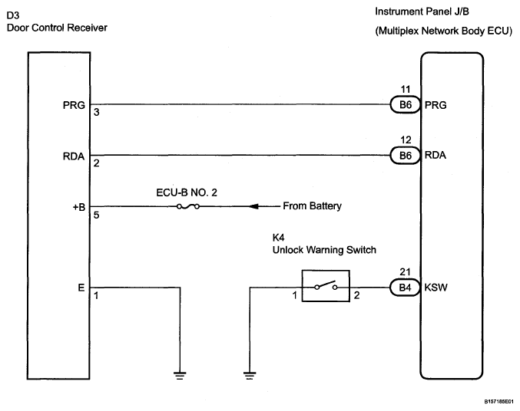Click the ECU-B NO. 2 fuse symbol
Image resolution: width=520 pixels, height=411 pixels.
tap(188, 207)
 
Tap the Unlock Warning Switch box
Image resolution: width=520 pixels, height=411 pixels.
tap(326, 271)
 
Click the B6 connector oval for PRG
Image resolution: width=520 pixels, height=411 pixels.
tap(406, 105)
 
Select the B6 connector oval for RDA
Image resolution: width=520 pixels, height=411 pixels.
tap(406, 156)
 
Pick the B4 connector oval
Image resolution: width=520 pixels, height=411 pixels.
tap(406, 288)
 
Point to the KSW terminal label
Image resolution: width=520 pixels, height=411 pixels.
tap(436, 288)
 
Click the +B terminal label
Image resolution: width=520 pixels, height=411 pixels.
tap(79, 207)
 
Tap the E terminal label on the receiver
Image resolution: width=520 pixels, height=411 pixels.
tap(81, 288)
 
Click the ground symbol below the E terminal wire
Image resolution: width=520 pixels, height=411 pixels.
tap(180, 376)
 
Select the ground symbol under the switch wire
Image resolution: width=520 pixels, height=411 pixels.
tap(250, 376)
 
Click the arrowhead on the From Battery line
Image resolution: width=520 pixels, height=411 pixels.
tap(253, 207)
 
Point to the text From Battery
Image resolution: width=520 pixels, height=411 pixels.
tap(312, 206)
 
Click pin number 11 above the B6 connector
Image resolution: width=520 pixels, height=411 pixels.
tap(406, 90)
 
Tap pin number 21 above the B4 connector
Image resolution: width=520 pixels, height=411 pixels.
tap(405, 272)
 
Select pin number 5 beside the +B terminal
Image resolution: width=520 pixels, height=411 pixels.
tap(96, 215)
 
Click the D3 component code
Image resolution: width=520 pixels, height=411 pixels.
tap(13, 15)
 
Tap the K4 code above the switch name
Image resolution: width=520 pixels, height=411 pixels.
tap(279, 238)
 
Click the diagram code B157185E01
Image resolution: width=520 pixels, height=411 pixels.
tap(498, 402)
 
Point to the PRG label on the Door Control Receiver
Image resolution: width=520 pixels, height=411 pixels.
tap(74, 105)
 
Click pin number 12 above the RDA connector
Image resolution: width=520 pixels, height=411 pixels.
tap(406, 140)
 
